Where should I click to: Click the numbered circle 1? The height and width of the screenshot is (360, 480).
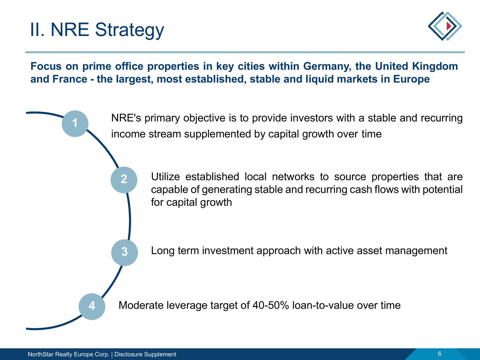(x=75, y=123)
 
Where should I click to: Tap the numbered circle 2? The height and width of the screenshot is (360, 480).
(x=124, y=180)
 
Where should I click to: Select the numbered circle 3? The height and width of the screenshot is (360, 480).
(x=124, y=252)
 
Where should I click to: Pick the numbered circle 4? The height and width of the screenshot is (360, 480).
(x=91, y=306)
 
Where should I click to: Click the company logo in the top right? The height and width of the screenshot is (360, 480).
(x=445, y=26)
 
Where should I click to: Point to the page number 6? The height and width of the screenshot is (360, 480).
(x=439, y=354)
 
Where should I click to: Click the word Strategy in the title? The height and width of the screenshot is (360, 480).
(x=129, y=30)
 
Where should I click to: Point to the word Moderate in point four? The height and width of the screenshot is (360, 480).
(x=141, y=306)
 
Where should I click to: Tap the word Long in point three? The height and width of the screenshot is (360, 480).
(x=162, y=251)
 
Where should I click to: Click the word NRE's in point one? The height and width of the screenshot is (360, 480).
(x=126, y=118)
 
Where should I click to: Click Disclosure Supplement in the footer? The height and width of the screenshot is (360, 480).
(x=145, y=354)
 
